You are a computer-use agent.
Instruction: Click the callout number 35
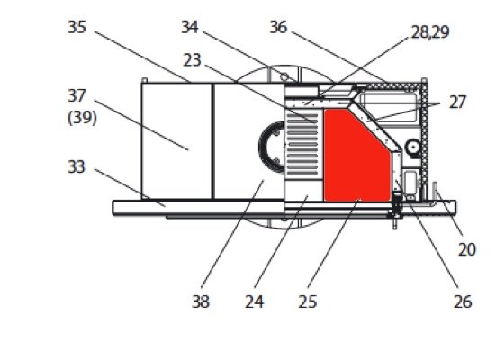point(77,28)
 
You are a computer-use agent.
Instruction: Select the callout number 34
point(190,28)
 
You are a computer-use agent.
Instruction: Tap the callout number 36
point(278,28)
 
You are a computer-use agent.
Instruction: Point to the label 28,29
point(430,32)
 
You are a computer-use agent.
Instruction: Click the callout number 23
point(192,60)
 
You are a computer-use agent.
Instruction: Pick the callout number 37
point(77,96)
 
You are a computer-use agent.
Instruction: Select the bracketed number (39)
point(82,118)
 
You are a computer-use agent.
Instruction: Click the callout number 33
point(77,167)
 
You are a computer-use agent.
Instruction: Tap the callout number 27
point(457,103)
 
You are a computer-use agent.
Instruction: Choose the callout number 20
point(467,250)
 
